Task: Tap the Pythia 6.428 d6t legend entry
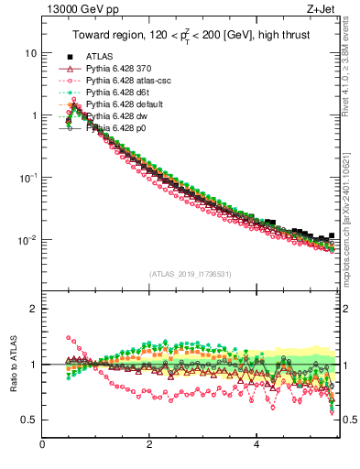point(120,93)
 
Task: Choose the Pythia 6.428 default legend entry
point(125,104)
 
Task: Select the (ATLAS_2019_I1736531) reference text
point(189,273)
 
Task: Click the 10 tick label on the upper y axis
point(31,53)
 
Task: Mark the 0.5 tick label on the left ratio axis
point(30,420)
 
